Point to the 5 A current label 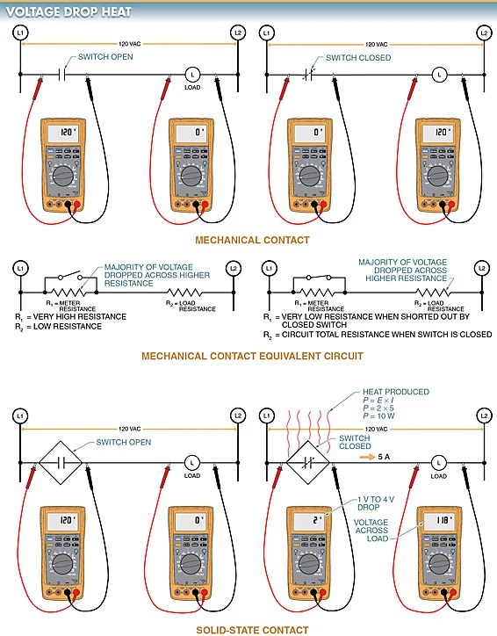[x=372, y=457]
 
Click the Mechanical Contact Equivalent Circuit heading [x=241, y=356]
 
